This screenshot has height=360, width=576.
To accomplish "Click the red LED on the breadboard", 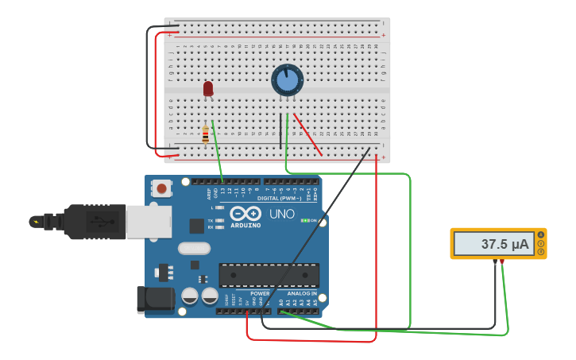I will click(x=208, y=88).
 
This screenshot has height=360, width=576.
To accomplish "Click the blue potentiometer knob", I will click(x=287, y=80).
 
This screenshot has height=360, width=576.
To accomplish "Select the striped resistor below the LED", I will click(x=205, y=135).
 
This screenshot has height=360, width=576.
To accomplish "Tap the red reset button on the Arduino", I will click(x=162, y=188).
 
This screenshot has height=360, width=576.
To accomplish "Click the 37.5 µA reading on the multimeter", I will click(x=504, y=245).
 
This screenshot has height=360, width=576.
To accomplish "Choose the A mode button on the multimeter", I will click(x=541, y=234).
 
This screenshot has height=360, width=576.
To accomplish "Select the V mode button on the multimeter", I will click(x=541, y=243).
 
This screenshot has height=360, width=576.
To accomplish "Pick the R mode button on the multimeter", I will click(x=541, y=252).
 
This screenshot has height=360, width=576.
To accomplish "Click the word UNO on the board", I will click(x=281, y=214).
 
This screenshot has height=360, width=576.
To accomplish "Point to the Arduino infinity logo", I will click(x=245, y=213).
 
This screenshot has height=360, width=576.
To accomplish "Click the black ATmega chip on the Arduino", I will click(x=269, y=275).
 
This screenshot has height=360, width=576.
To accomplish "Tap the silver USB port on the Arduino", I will click(x=150, y=222).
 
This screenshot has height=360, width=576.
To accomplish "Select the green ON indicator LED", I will click(x=305, y=220).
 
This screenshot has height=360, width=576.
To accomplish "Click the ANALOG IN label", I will click(x=302, y=293).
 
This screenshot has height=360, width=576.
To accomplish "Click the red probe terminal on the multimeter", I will click(x=501, y=261).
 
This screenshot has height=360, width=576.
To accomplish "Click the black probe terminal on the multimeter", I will click(x=494, y=261).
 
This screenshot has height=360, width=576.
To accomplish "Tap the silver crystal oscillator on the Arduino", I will click(x=194, y=248).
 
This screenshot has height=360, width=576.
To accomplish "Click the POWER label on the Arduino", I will click(x=260, y=293).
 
